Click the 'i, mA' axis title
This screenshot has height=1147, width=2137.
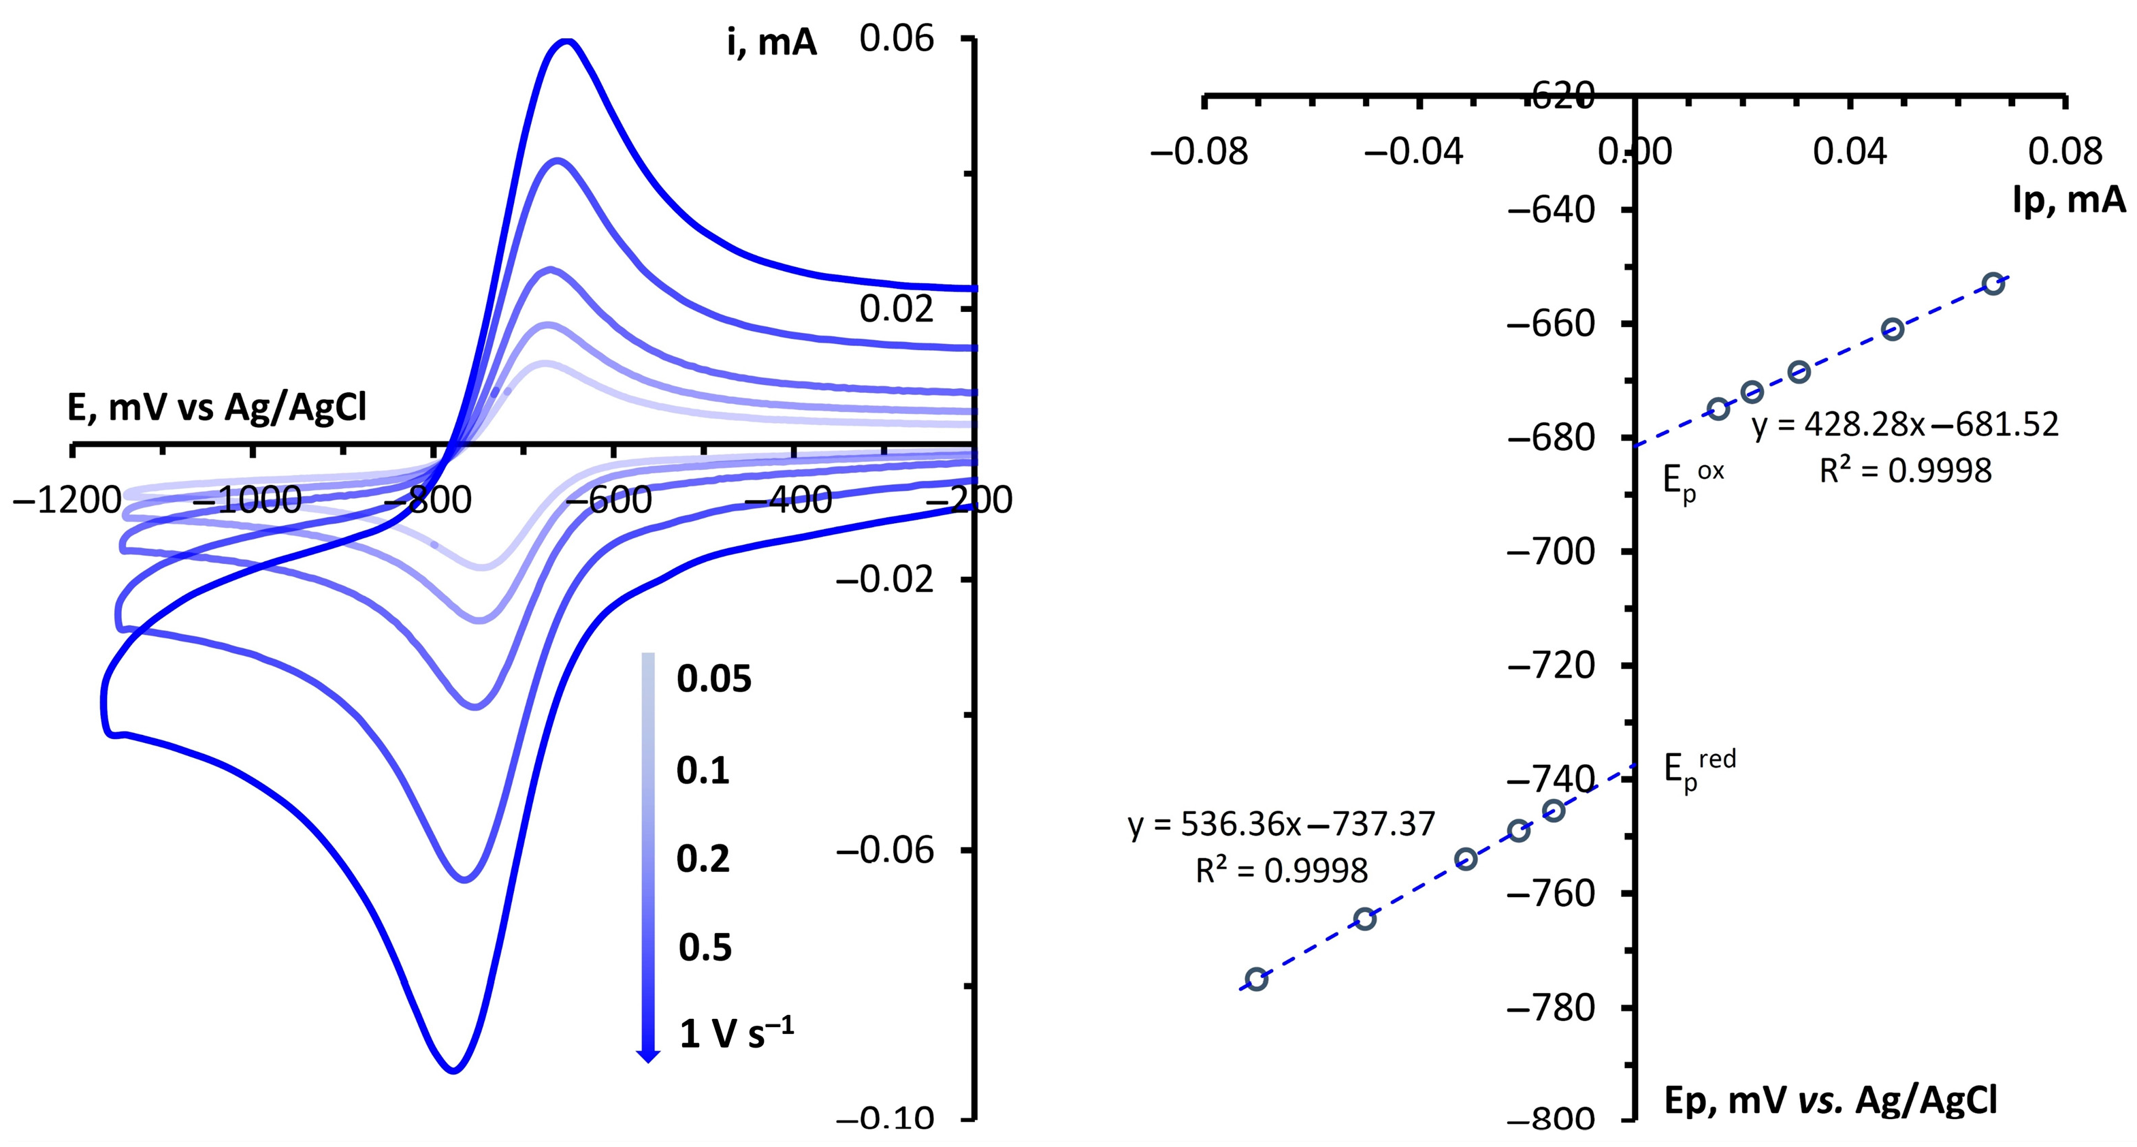(771, 42)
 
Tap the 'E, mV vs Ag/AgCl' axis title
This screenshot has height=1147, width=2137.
(216, 409)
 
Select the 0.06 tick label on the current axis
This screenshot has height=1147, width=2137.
(896, 39)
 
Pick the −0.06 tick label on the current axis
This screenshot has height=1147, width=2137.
(885, 850)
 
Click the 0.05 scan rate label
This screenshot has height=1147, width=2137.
(714, 679)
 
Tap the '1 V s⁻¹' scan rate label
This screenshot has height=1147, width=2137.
(736, 1033)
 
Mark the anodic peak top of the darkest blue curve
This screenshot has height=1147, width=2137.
(566, 42)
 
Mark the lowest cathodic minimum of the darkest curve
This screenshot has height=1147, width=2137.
(453, 1071)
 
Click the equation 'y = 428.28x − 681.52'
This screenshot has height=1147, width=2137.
(1905, 425)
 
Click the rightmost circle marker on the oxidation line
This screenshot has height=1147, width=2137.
(1993, 284)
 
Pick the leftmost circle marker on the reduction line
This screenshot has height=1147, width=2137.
(1256, 979)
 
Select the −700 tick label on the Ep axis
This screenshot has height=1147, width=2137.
(1549, 552)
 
